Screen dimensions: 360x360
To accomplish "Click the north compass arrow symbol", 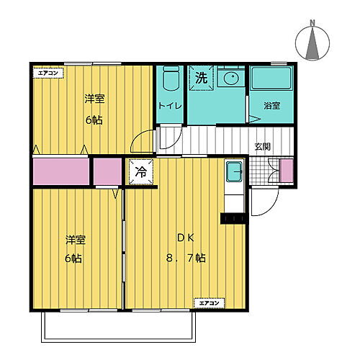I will pyautogui.click(x=313, y=46).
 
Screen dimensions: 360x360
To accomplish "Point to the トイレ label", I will pyautogui.click(x=171, y=106).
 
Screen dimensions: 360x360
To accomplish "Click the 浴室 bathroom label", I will pyautogui.click(x=272, y=106).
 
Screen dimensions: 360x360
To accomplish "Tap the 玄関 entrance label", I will pyautogui.click(x=263, y=146).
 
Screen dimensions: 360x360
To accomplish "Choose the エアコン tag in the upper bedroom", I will pyautogui.click(x=48, y=73).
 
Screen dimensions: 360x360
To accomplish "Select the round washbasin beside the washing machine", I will pyautogui.click(x=231, y=78).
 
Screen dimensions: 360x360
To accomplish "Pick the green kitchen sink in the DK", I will pyautogui.click(x=233, y=172).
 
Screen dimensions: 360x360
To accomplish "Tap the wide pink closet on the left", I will pyautogui.click(x=61, y=173).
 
